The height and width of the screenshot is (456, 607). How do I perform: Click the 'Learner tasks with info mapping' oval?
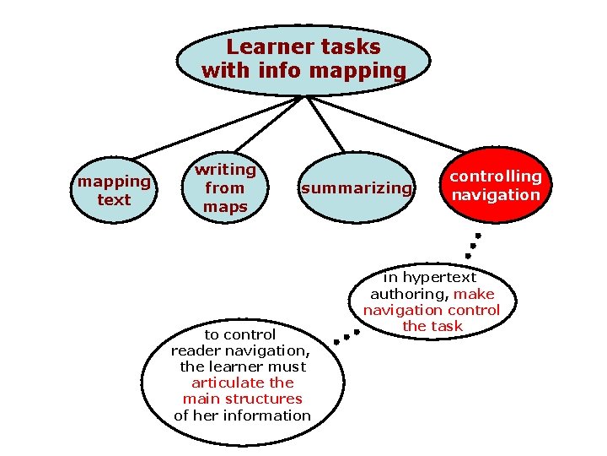[303, 59]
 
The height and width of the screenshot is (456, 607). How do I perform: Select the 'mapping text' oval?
[114, 190]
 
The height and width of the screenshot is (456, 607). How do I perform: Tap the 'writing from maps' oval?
[225, 188]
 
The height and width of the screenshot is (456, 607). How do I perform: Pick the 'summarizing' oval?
[357, 187]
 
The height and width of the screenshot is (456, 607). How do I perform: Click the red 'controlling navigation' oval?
[495, 186]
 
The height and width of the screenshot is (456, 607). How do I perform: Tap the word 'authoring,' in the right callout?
[409, 294]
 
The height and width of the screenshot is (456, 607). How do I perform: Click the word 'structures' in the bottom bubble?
[266, 399]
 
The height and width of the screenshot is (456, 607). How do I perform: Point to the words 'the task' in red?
[432, 326]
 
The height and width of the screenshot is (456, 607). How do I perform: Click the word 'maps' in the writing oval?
[225, 206]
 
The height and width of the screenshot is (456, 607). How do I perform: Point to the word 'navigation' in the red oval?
[496, 195]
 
